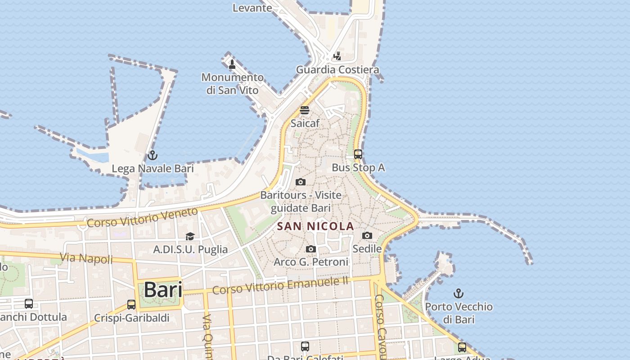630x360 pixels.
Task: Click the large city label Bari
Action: pos(163,290)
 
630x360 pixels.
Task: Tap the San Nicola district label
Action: pos(315,226)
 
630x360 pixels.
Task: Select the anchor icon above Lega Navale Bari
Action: pos(153,156)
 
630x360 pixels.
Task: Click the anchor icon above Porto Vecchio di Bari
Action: pos(458,294)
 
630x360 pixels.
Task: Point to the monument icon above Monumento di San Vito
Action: pos(232,64)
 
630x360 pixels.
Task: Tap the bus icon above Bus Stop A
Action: pos(358,154)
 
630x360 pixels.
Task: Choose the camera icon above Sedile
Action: pos(367,235)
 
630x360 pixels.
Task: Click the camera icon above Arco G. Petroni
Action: pos(310,249)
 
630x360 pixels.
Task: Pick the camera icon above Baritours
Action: pos(301,182)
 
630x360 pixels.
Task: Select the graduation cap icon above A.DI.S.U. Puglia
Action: pos(190,236)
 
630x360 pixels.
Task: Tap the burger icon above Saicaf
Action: pos(305,110)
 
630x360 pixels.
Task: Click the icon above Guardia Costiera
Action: pos(337,56)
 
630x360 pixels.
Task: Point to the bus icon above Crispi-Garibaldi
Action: pos(131,305)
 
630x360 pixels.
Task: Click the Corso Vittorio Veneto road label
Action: pos(142,217)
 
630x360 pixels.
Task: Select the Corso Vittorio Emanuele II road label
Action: pos(280,285)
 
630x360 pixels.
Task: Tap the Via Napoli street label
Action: pos(86,258)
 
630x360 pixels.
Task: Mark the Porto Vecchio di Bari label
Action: pos(459,313)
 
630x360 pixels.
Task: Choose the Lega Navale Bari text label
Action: pos(153,169)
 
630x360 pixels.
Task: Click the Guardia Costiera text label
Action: pos(337,70)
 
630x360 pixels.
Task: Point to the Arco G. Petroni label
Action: pos(311,262)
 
